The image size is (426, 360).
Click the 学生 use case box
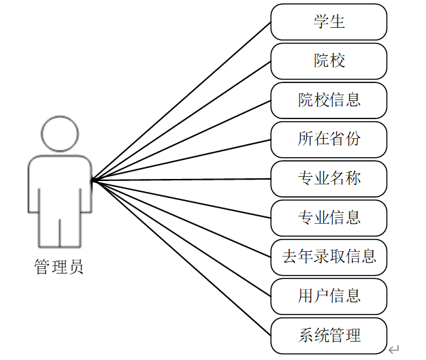329,22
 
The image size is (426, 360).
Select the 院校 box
329,61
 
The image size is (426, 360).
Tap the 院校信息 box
329,101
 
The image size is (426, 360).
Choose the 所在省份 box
329,140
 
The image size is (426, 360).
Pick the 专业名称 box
329,179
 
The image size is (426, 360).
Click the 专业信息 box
329,218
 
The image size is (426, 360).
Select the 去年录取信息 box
329,257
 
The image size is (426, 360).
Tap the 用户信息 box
329,296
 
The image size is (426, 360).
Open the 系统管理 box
329,336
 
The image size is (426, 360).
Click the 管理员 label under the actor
59,266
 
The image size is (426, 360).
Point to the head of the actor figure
59,133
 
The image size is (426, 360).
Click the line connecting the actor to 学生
181,101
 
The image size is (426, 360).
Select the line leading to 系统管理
181,258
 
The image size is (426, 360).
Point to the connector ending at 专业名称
181,180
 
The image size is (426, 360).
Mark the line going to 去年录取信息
181,218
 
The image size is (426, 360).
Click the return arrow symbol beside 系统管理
394,349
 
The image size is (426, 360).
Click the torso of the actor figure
59,184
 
